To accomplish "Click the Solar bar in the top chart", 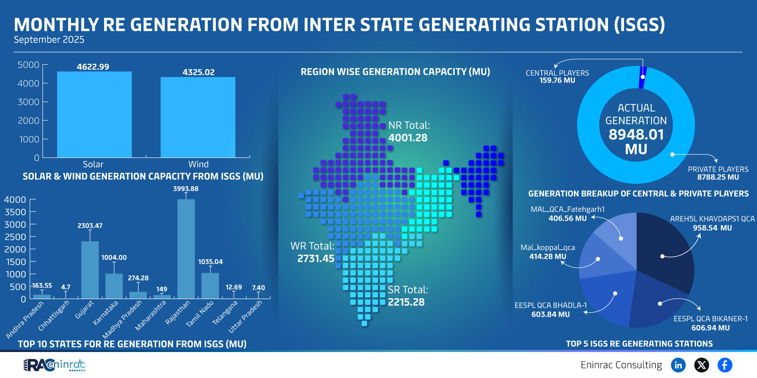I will tap(94, 115).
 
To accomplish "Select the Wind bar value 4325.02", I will tap(198, 72).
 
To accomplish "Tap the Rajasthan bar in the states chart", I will tap(186, 249).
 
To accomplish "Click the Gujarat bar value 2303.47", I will tap(90, 226).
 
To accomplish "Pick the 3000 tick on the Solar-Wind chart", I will tap(28, 102).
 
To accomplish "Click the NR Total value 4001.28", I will tap(407, 138).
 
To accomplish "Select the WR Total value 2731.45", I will tap(316, 258).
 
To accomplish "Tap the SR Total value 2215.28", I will tap(406, 302).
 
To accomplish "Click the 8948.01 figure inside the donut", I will tap(636, 135).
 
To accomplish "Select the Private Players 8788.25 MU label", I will tap(718, 177).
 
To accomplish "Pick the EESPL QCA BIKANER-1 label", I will tap(711, 319).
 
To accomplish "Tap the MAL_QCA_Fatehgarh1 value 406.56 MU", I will tap(567, 218).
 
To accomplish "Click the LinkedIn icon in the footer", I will tap(678, 365).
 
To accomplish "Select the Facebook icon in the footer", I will tap(724, 365).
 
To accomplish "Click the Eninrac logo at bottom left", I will tap(54, 365).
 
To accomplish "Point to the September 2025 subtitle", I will tap(49, 40).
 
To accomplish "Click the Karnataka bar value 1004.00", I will tap(114, 258).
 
